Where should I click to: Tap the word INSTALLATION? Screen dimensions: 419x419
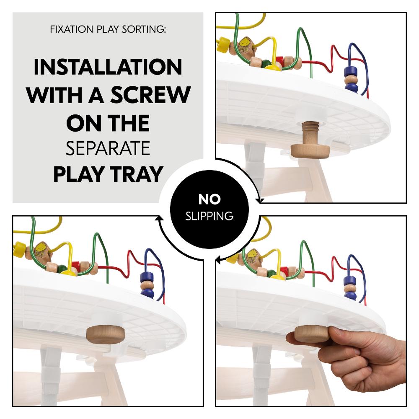coord(108,67)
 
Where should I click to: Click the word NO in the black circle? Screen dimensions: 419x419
coord(209,199)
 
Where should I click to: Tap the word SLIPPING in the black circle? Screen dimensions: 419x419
coord(209,216)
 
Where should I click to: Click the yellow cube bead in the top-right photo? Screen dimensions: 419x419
coord(223,44)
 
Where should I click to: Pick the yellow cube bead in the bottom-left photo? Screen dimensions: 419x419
coord(19,251)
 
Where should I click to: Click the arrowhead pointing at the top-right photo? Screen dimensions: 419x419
coord(260,201)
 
